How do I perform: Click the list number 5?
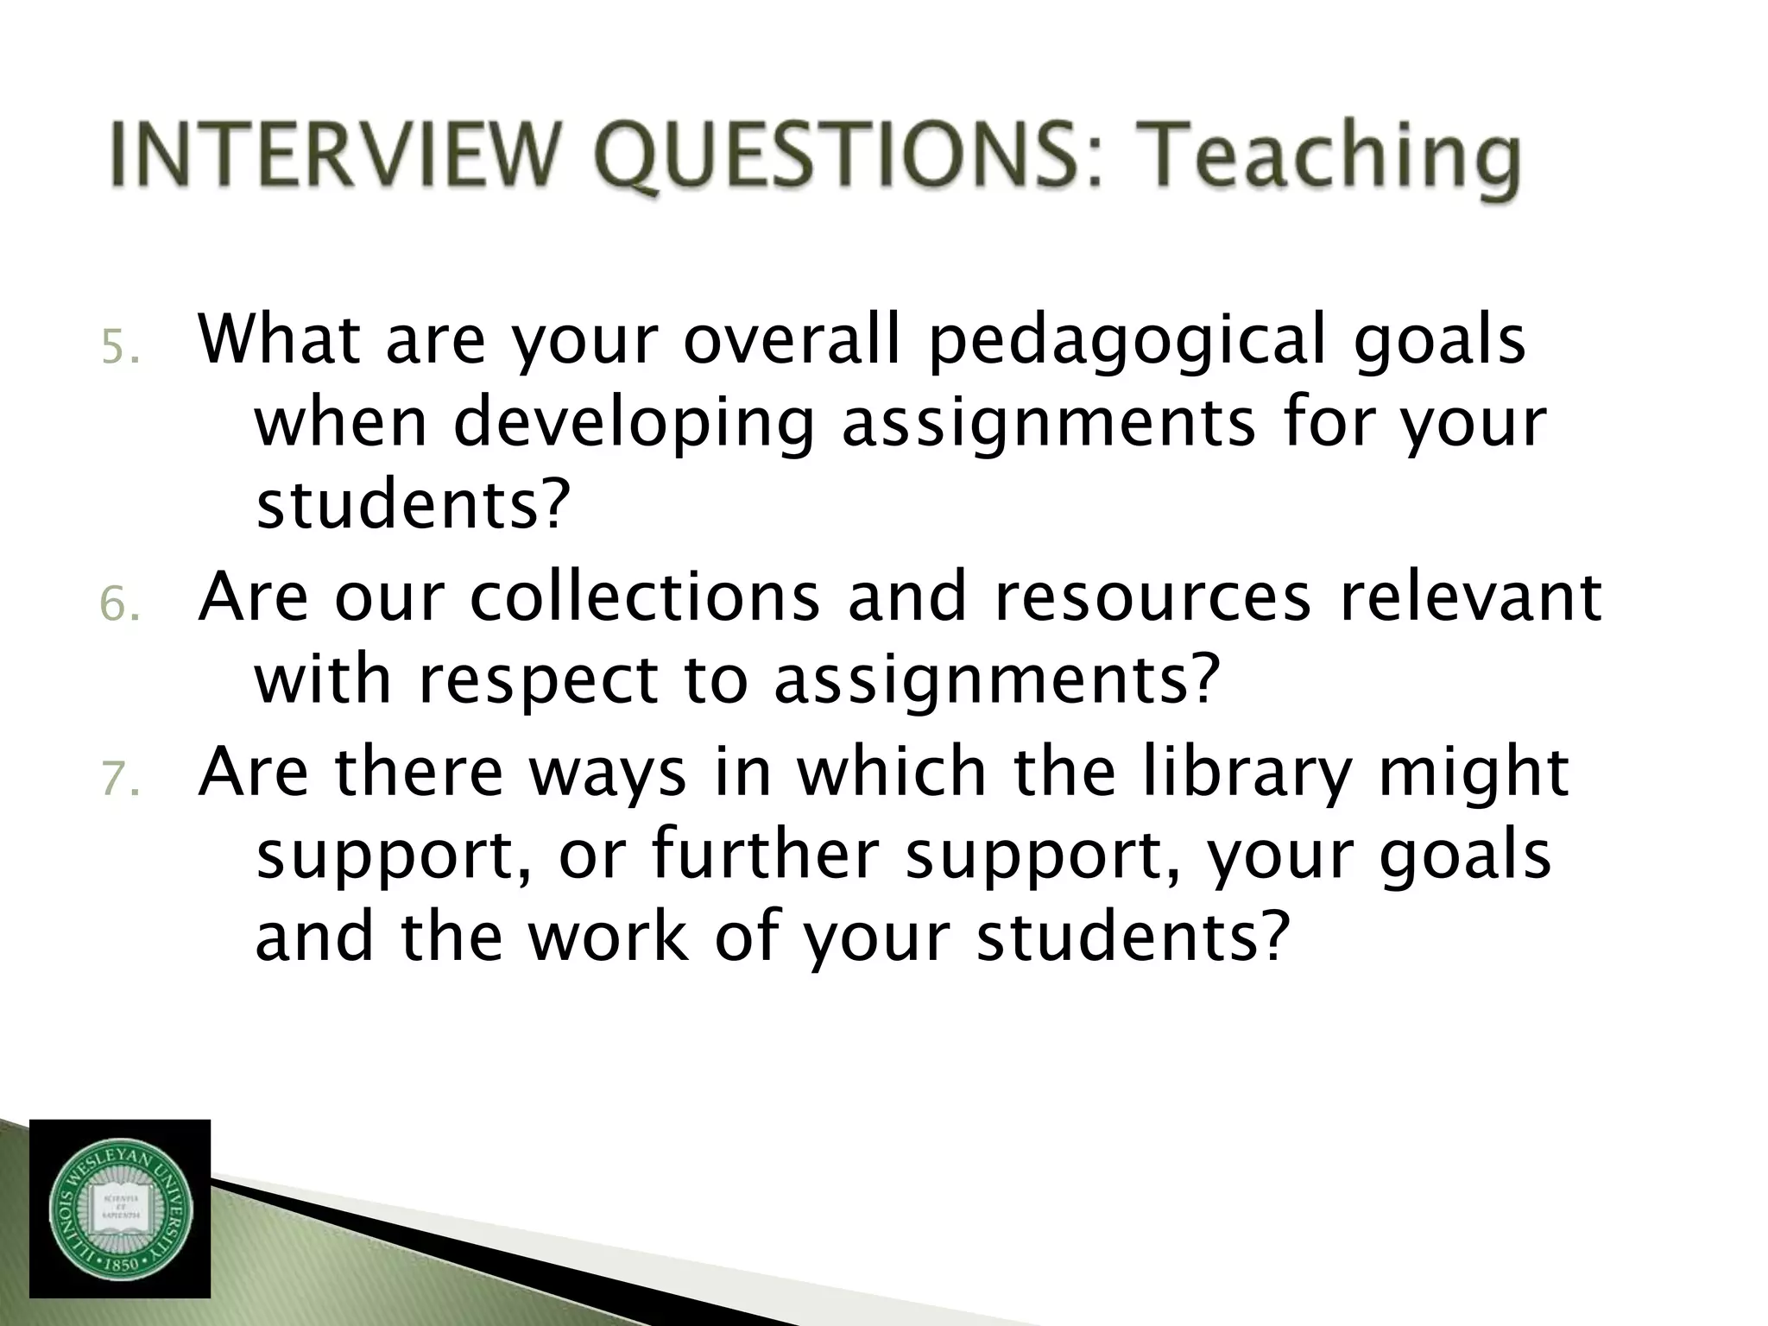(117, 349)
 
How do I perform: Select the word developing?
(634, 423)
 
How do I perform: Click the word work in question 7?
(609, 937)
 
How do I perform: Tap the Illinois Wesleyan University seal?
(120, 1209)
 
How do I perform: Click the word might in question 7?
(1473, 773)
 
